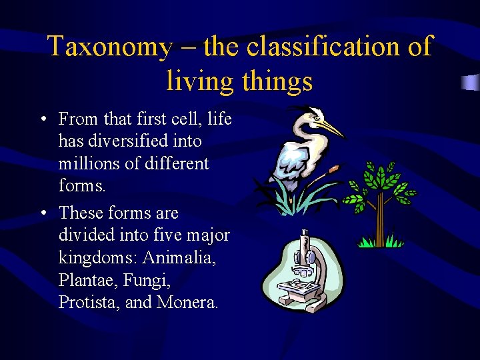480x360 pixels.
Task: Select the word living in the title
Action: coord(199,81)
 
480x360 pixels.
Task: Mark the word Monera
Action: coord(187,302)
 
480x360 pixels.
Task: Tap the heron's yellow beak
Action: coord(330,127)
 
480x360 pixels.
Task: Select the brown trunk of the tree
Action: coord(380,220)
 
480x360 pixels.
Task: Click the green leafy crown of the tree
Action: coord(381,183)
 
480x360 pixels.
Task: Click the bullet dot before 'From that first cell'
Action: coord(43,120)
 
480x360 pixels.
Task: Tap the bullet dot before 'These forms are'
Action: coord(43,213)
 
